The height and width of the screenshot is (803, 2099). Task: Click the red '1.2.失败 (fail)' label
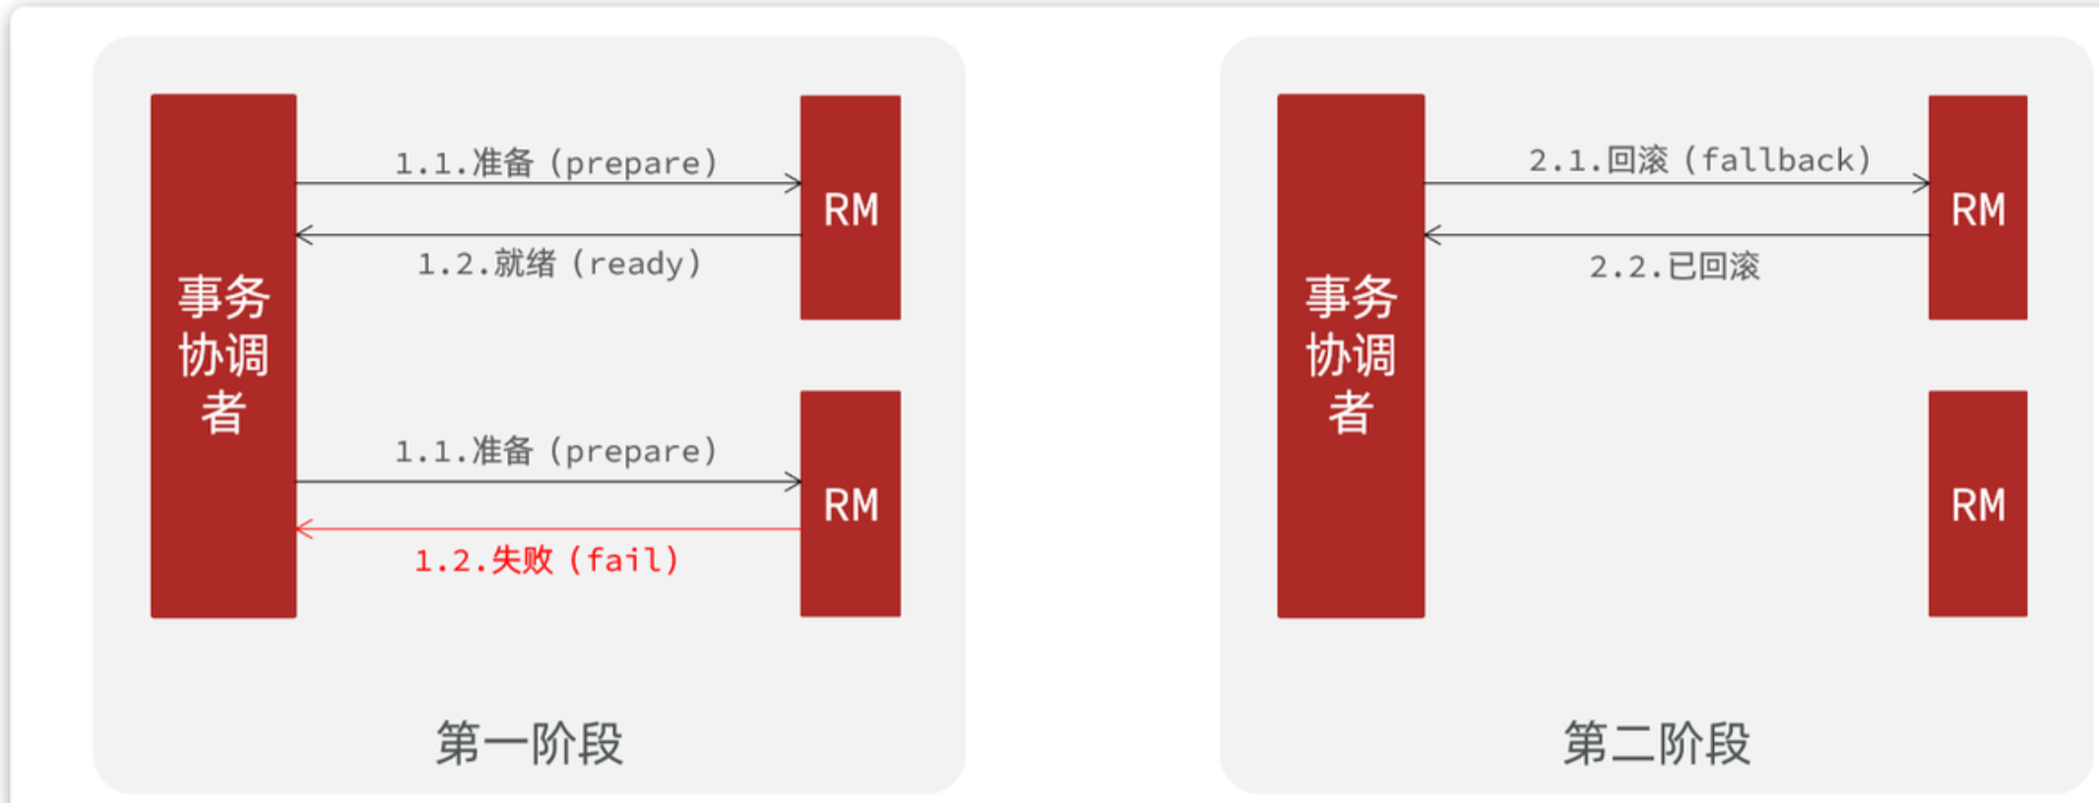tap(547, 561)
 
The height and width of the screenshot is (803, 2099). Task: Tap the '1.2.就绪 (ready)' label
tap(559, 264)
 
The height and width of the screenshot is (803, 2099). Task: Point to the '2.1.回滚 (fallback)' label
tap(1699, 160)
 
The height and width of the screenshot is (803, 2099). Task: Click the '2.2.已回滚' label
tap(1674, 266)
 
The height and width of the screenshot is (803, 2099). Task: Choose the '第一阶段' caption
tap(530, 743)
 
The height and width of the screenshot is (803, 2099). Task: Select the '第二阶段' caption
tap(1657, 743)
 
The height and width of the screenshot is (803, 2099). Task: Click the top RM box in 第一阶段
tap(851, 208)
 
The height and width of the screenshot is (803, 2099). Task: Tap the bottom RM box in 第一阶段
tap(851, 504)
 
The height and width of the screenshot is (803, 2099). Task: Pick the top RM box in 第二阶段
tap(1978, 208)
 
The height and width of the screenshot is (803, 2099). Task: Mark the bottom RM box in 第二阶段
tap(1978, 504)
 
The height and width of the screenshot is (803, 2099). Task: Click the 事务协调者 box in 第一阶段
tap(223, 355)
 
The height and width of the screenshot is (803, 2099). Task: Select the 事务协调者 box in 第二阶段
tap(1351, 355)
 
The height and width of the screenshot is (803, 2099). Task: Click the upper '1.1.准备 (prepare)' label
tap(556, 162)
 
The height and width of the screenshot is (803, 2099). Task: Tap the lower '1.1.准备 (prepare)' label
tap(556, 451)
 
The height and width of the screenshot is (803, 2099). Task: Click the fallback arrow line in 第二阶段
tap(1674, 183)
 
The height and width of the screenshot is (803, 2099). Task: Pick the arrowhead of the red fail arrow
tap(303, 529)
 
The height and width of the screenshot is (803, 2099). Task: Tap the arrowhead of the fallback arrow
tap(1922, 183)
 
